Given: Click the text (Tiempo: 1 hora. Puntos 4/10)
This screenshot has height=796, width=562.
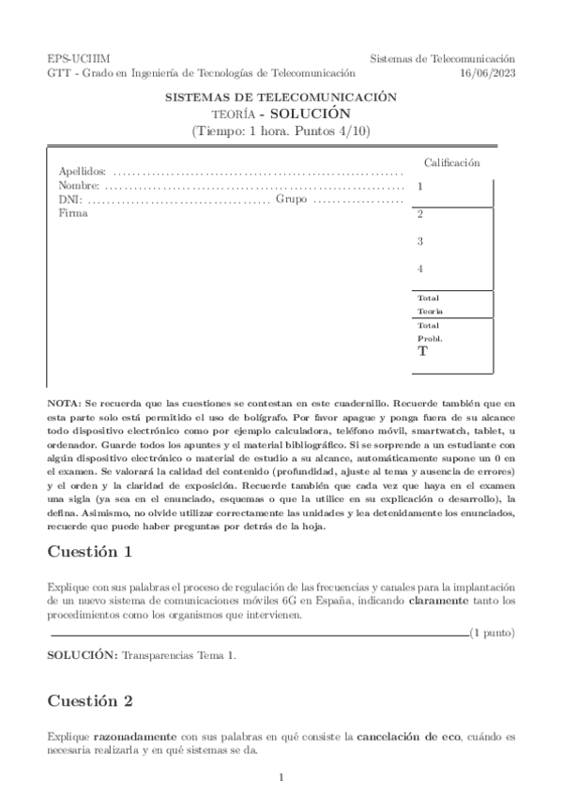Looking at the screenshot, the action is click(281, 130).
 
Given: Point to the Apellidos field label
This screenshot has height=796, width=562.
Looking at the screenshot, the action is click(83, 172).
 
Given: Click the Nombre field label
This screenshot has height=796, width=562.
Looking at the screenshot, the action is click(79, 186).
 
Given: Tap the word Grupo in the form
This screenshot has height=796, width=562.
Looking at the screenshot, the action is click(292, 200).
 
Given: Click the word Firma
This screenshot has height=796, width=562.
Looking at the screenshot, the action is click(73, 214).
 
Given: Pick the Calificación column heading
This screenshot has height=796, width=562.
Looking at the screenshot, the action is click(451, 162).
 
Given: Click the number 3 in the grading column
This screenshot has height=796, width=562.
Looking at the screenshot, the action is click(420, 241).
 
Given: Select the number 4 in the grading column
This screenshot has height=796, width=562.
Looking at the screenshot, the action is click(420, 269).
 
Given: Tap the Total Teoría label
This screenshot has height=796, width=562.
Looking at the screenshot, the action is click(430, 304).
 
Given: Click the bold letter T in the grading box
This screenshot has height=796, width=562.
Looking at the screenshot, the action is click(422, 352).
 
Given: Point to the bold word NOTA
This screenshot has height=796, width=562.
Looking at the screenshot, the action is click(64, 402).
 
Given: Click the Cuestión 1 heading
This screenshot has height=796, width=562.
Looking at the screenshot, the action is click(90, 552).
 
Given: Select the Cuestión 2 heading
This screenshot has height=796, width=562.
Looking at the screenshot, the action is click(90, 700).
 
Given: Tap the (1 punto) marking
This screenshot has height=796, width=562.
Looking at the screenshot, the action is click(492, 634).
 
